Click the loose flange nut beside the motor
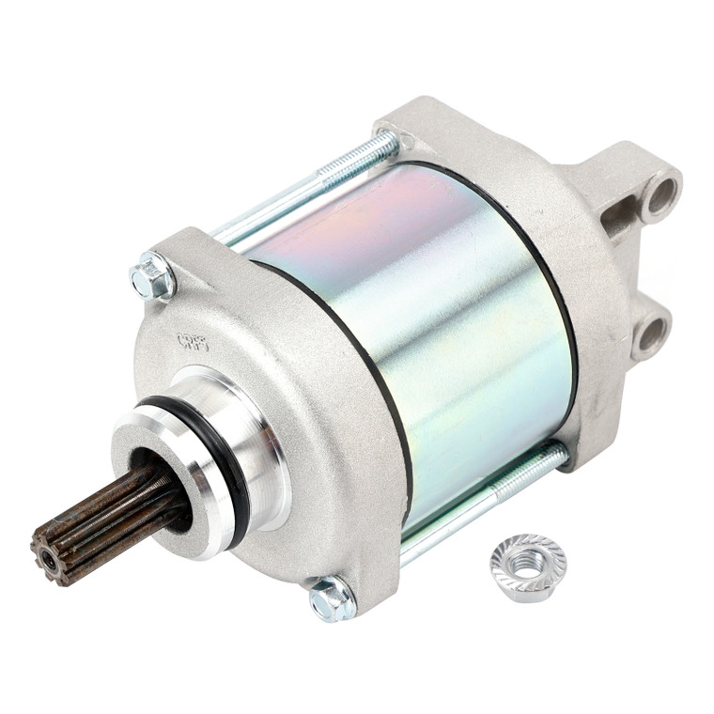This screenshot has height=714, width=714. coord(527,567)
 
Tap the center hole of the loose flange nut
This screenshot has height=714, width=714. coord(528,563)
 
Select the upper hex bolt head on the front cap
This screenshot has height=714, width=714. coord(151,277)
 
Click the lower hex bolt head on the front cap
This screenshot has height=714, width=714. coord(332,598)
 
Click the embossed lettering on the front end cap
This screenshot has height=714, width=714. coord(193,340)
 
